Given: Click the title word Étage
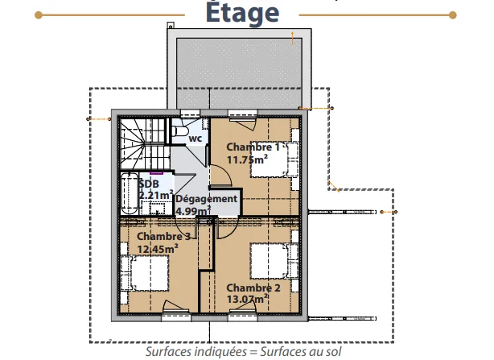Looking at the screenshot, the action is pos(242,12).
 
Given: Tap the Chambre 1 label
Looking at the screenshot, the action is pos(253,147).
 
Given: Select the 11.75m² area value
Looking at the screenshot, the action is pos(247,159).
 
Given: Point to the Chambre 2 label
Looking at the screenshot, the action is pos(253,288).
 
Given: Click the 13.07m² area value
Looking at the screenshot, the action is pos(248,299).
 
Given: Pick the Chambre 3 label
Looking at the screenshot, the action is pos(164,237).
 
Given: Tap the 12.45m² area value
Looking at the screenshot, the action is pos(158,249).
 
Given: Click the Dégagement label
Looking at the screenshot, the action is pos(206,199).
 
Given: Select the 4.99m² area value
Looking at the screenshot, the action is pos(193,210).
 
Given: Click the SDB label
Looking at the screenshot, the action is pos(149,184).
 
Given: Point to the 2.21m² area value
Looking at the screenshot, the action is pos(156,195).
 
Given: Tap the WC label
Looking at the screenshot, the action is pos(196,139).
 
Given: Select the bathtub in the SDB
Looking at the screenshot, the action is pos(130,194).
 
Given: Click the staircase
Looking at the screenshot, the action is pos(144,143).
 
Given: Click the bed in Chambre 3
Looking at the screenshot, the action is pos(145,273).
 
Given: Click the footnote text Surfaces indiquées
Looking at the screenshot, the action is pos(196,351).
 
